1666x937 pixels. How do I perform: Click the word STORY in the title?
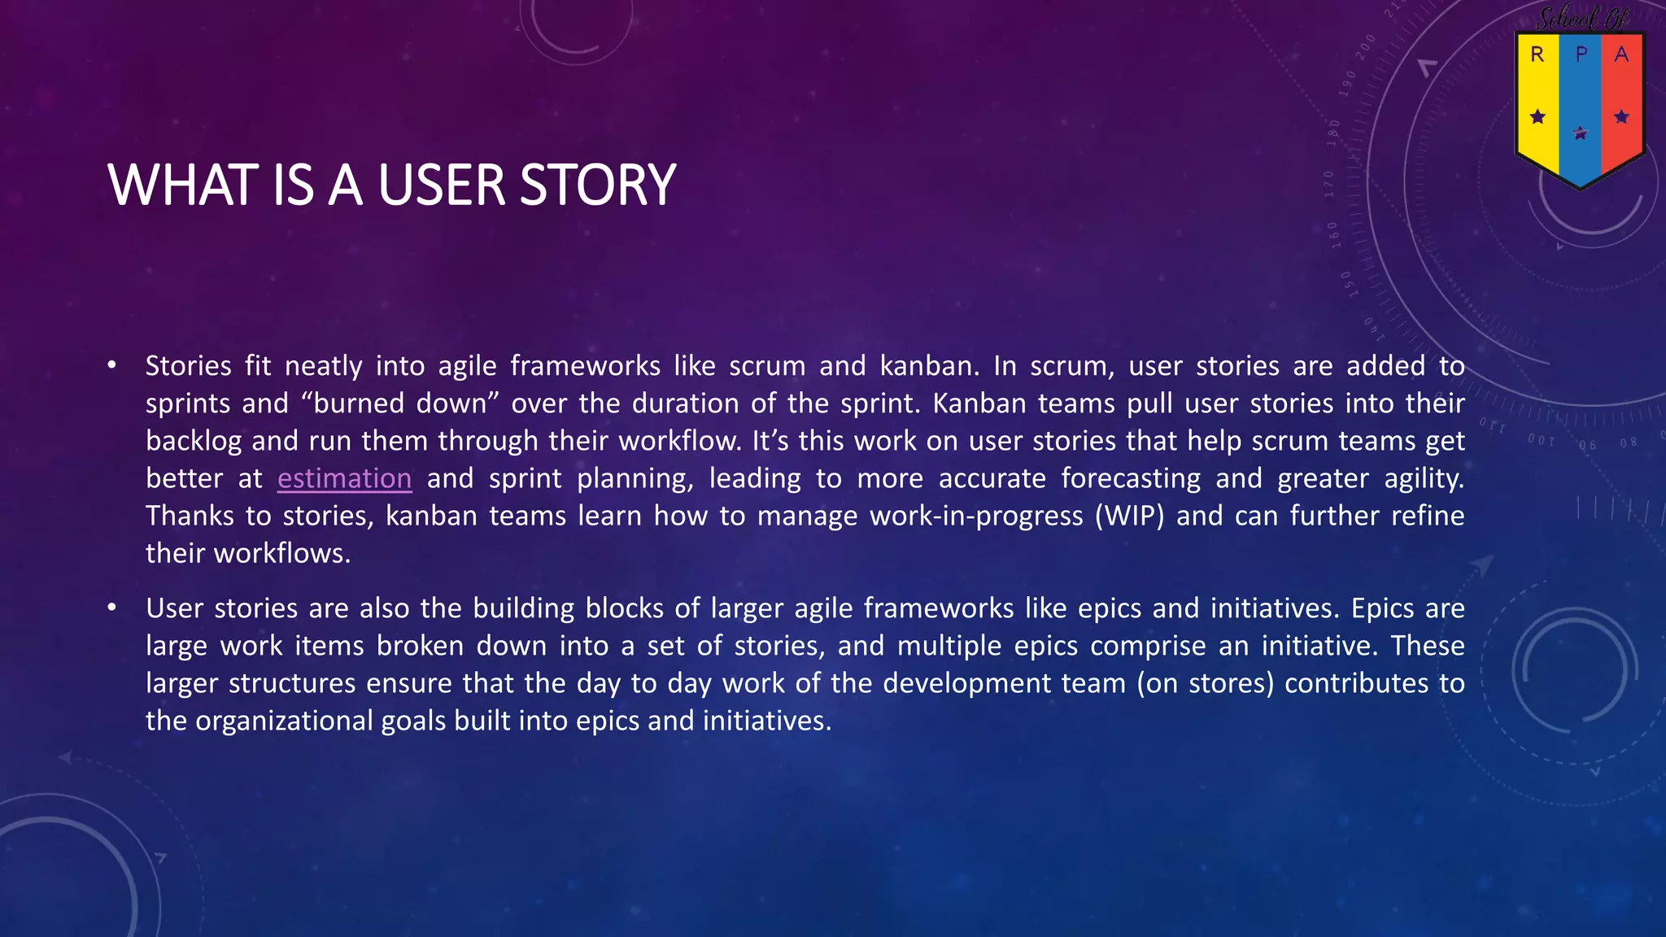click(x=597, y=185)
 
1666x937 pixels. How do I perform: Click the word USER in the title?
click(x=441, y=185)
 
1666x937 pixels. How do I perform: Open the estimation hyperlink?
click(x=344, y=478)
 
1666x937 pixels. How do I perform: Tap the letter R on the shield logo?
click(x=1537, y=54)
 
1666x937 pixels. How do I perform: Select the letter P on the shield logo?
click(x=1581, y=54)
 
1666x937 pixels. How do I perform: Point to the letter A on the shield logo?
click(x=1621, y=54)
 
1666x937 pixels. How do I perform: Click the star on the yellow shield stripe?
click(x=1537, y=117)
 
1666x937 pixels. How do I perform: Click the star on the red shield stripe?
click(x=1621, y=117)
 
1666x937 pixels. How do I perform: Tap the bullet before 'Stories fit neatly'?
click(x=112, y=365)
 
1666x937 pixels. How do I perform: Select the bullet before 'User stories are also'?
click(x=112, y=608)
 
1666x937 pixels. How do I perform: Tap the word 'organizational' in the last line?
click(x=284, y=721)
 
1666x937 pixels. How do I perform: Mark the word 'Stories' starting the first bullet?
click(x=189, y=366)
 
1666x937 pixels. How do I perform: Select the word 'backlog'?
click(x=194, y=441)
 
